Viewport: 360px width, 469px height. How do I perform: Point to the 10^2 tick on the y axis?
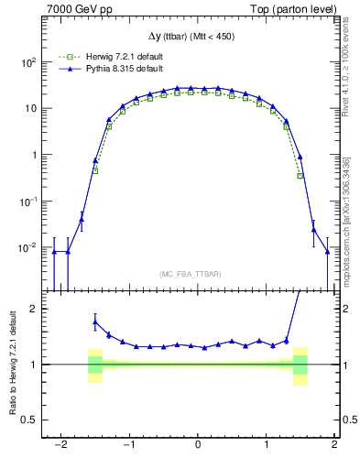coord(27,62)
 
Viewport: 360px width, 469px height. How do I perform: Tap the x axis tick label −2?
coord(60,446)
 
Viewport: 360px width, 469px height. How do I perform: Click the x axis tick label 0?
coord(198,446)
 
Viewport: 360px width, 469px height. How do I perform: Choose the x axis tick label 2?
coord(334,446)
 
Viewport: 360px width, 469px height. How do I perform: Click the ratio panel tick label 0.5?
coord(29,420)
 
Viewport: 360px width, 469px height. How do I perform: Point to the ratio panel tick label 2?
coord(33,309)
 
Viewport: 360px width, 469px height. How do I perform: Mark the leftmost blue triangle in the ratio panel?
coord(95,321)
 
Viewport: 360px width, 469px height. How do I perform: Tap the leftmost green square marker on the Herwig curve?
coord(95,170)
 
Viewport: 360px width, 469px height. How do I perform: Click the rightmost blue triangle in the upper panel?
coord(327,252)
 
